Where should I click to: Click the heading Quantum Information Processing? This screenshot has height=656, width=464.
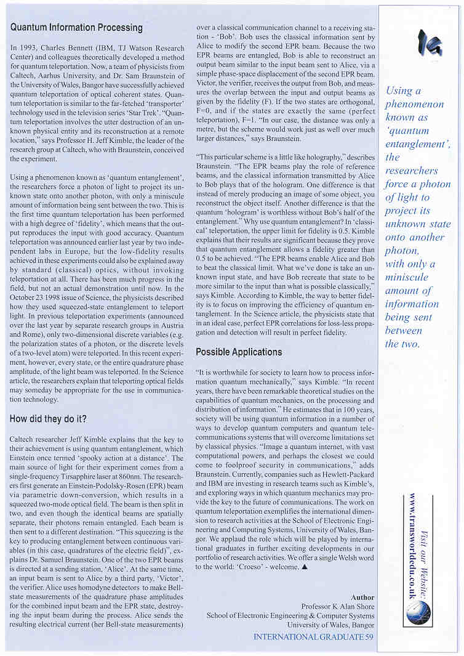77,28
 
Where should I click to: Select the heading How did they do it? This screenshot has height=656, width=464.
49,419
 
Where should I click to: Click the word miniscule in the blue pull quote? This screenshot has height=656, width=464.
407,277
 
